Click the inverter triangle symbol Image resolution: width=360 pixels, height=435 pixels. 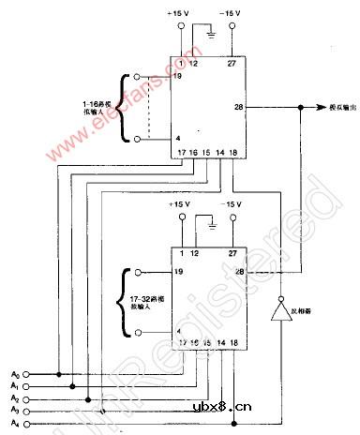pos(279,311)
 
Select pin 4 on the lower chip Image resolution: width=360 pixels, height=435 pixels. pos(176,331)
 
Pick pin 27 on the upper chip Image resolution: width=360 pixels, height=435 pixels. pos(231,64)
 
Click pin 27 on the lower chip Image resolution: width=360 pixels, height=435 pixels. pos(231,252)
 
